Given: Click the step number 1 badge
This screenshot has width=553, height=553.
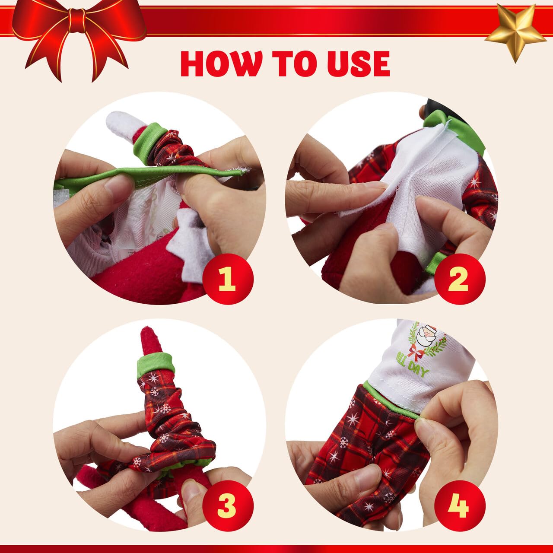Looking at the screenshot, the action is (x=226, y=280).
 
